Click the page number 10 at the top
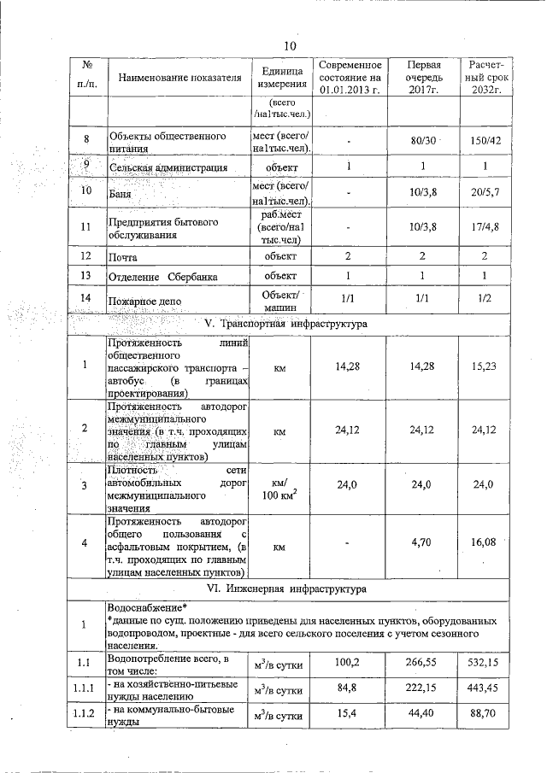pos(290,45)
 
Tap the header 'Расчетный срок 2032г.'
pos(485,77)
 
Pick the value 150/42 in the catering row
pos(485,140)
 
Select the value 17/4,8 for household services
pos(485,227)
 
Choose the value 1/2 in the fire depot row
pos(485,300)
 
